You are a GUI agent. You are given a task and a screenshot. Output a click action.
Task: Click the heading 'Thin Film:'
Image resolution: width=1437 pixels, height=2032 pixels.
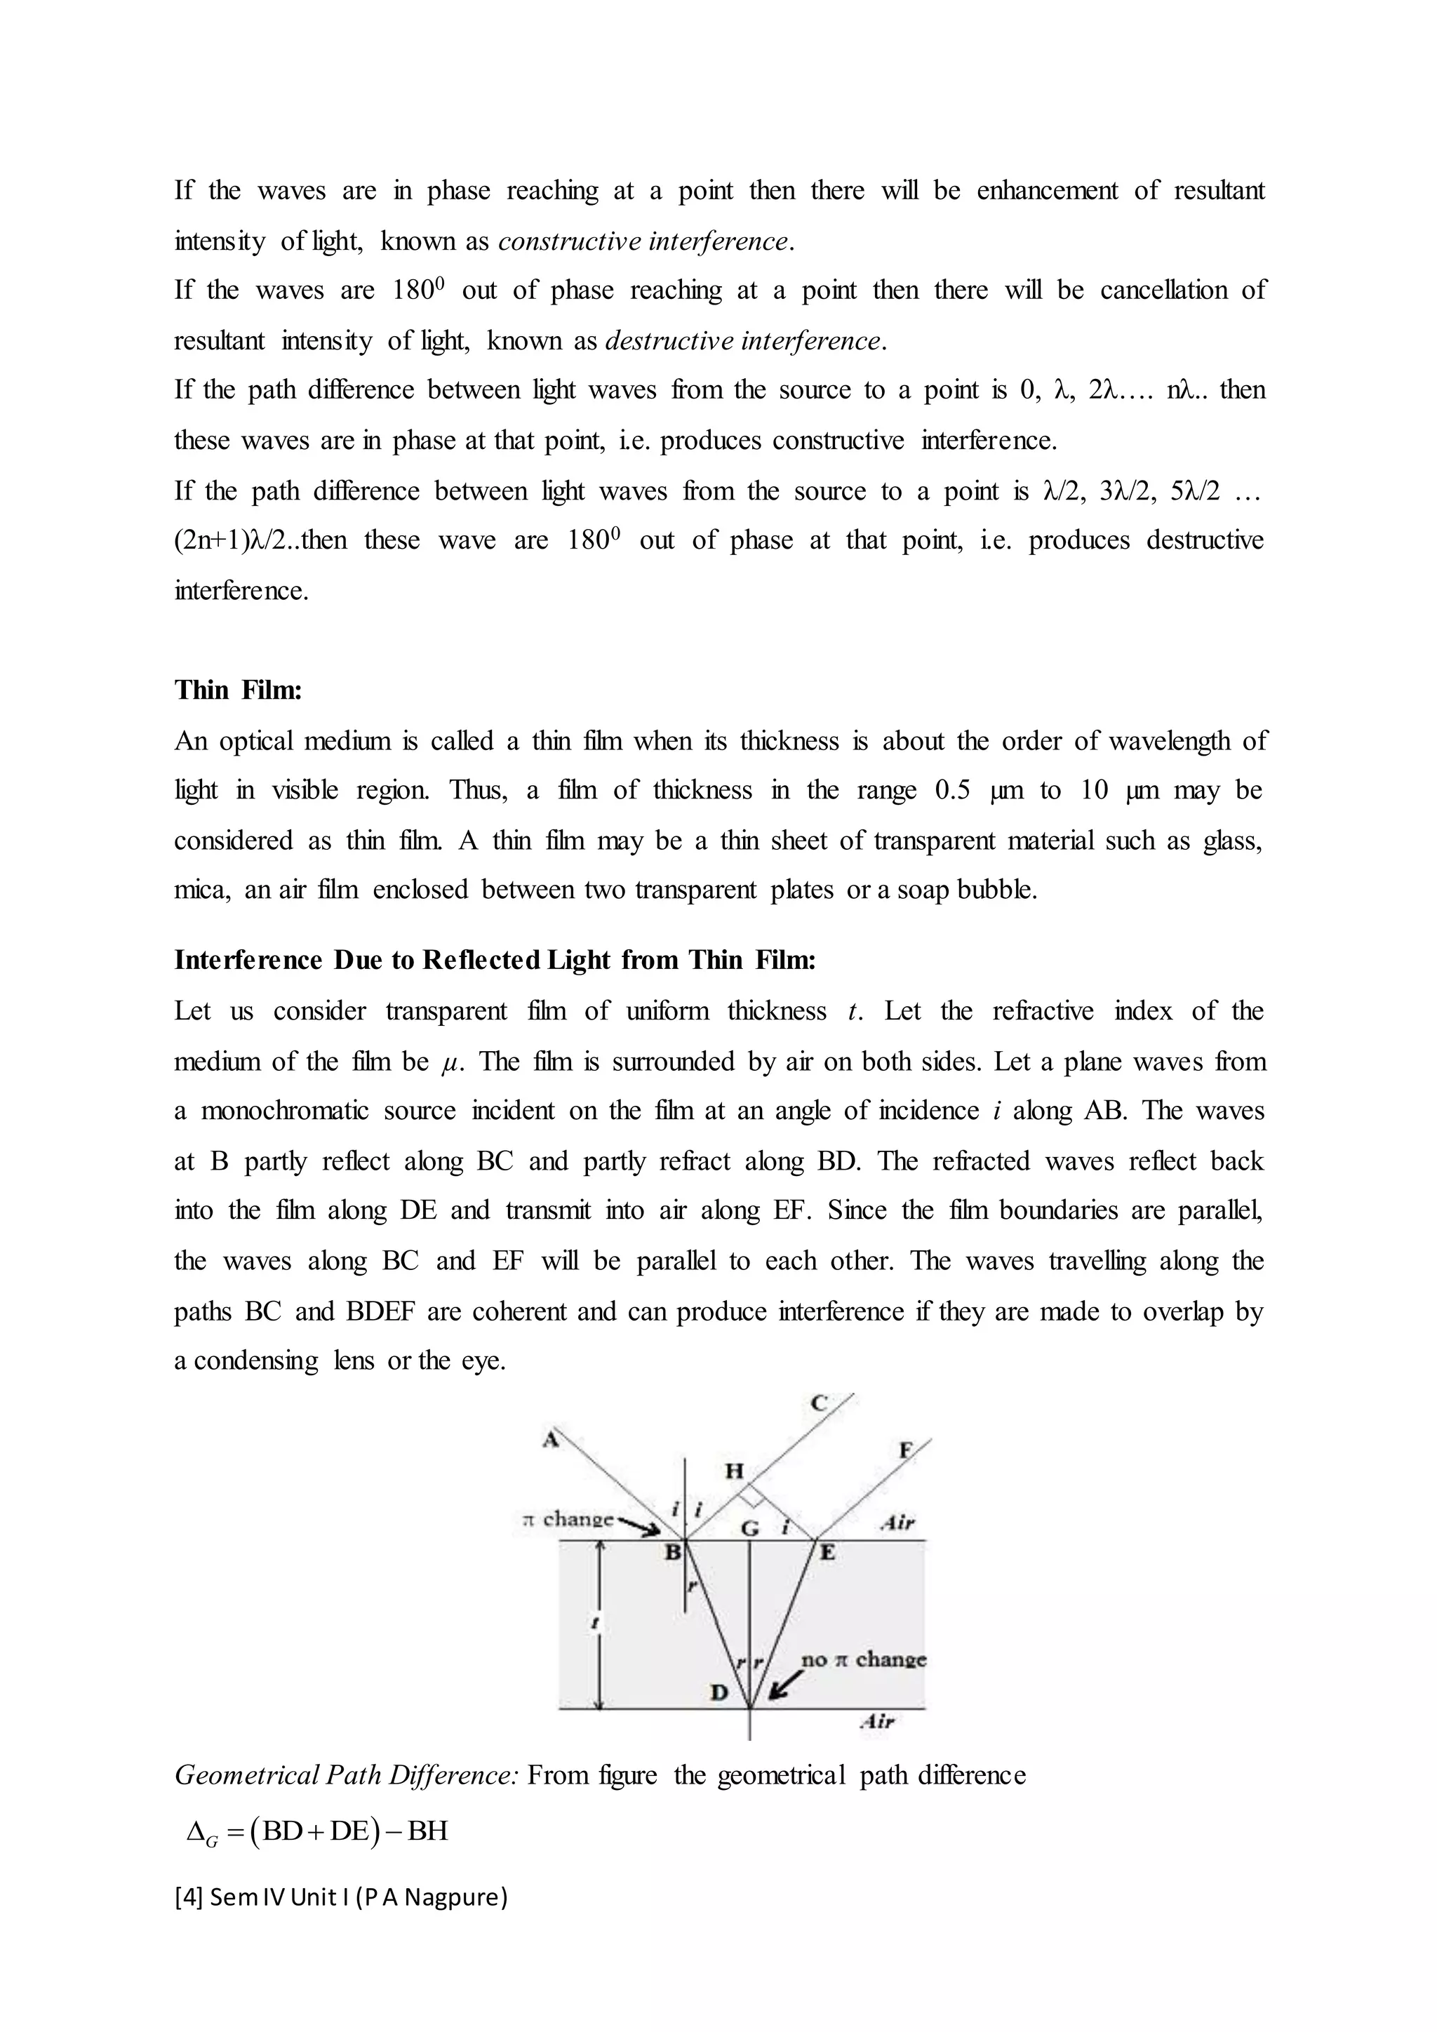click(238, 690)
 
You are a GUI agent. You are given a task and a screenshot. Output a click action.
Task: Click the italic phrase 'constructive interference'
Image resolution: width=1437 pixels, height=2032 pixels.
click(643, 241)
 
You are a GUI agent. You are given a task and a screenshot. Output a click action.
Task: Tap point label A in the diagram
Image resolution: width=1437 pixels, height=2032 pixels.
click(550, 1440)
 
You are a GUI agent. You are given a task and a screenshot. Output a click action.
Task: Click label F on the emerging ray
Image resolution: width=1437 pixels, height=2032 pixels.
click(905, 1450)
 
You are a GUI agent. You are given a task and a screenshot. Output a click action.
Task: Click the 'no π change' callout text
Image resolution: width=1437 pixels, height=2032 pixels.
click(863, 1659)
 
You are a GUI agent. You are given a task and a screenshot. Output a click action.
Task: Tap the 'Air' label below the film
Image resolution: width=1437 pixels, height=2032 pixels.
click(877, 1721)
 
